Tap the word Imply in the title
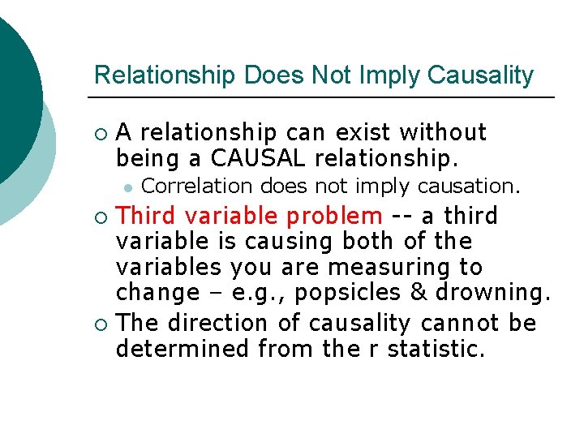391,75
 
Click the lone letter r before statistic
376,349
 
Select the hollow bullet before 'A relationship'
101,133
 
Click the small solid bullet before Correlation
127,187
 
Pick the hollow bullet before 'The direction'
101,324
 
